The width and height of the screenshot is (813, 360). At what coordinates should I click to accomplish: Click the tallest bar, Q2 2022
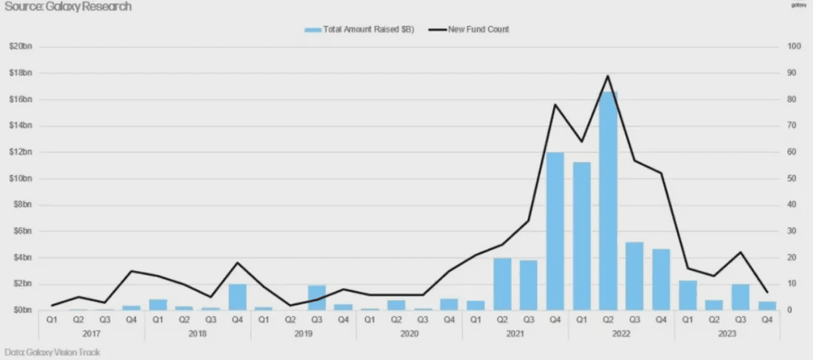click(x=608, y=200)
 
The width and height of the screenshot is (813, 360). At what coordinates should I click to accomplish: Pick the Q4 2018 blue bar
click(x=237, y=297)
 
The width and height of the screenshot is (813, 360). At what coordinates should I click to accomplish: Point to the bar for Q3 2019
click(x=317, y=297)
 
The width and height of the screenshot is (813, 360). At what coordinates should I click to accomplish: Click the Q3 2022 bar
click(x=635, y=276)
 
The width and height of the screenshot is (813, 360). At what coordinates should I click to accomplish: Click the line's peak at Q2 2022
click(x=608, y=76)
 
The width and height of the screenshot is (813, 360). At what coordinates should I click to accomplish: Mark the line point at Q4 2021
click(x=556, y=105)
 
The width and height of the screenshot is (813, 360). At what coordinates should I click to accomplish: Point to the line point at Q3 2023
click(x=741, y=252)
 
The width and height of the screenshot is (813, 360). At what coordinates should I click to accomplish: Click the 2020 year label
click(x=410, y=333)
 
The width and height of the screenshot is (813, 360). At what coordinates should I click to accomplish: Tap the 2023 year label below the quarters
click(x=727, y=333)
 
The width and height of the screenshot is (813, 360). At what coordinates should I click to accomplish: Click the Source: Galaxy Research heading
click(x=68, y=7)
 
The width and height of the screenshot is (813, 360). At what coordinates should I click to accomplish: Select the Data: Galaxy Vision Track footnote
click(x=53, y=352)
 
